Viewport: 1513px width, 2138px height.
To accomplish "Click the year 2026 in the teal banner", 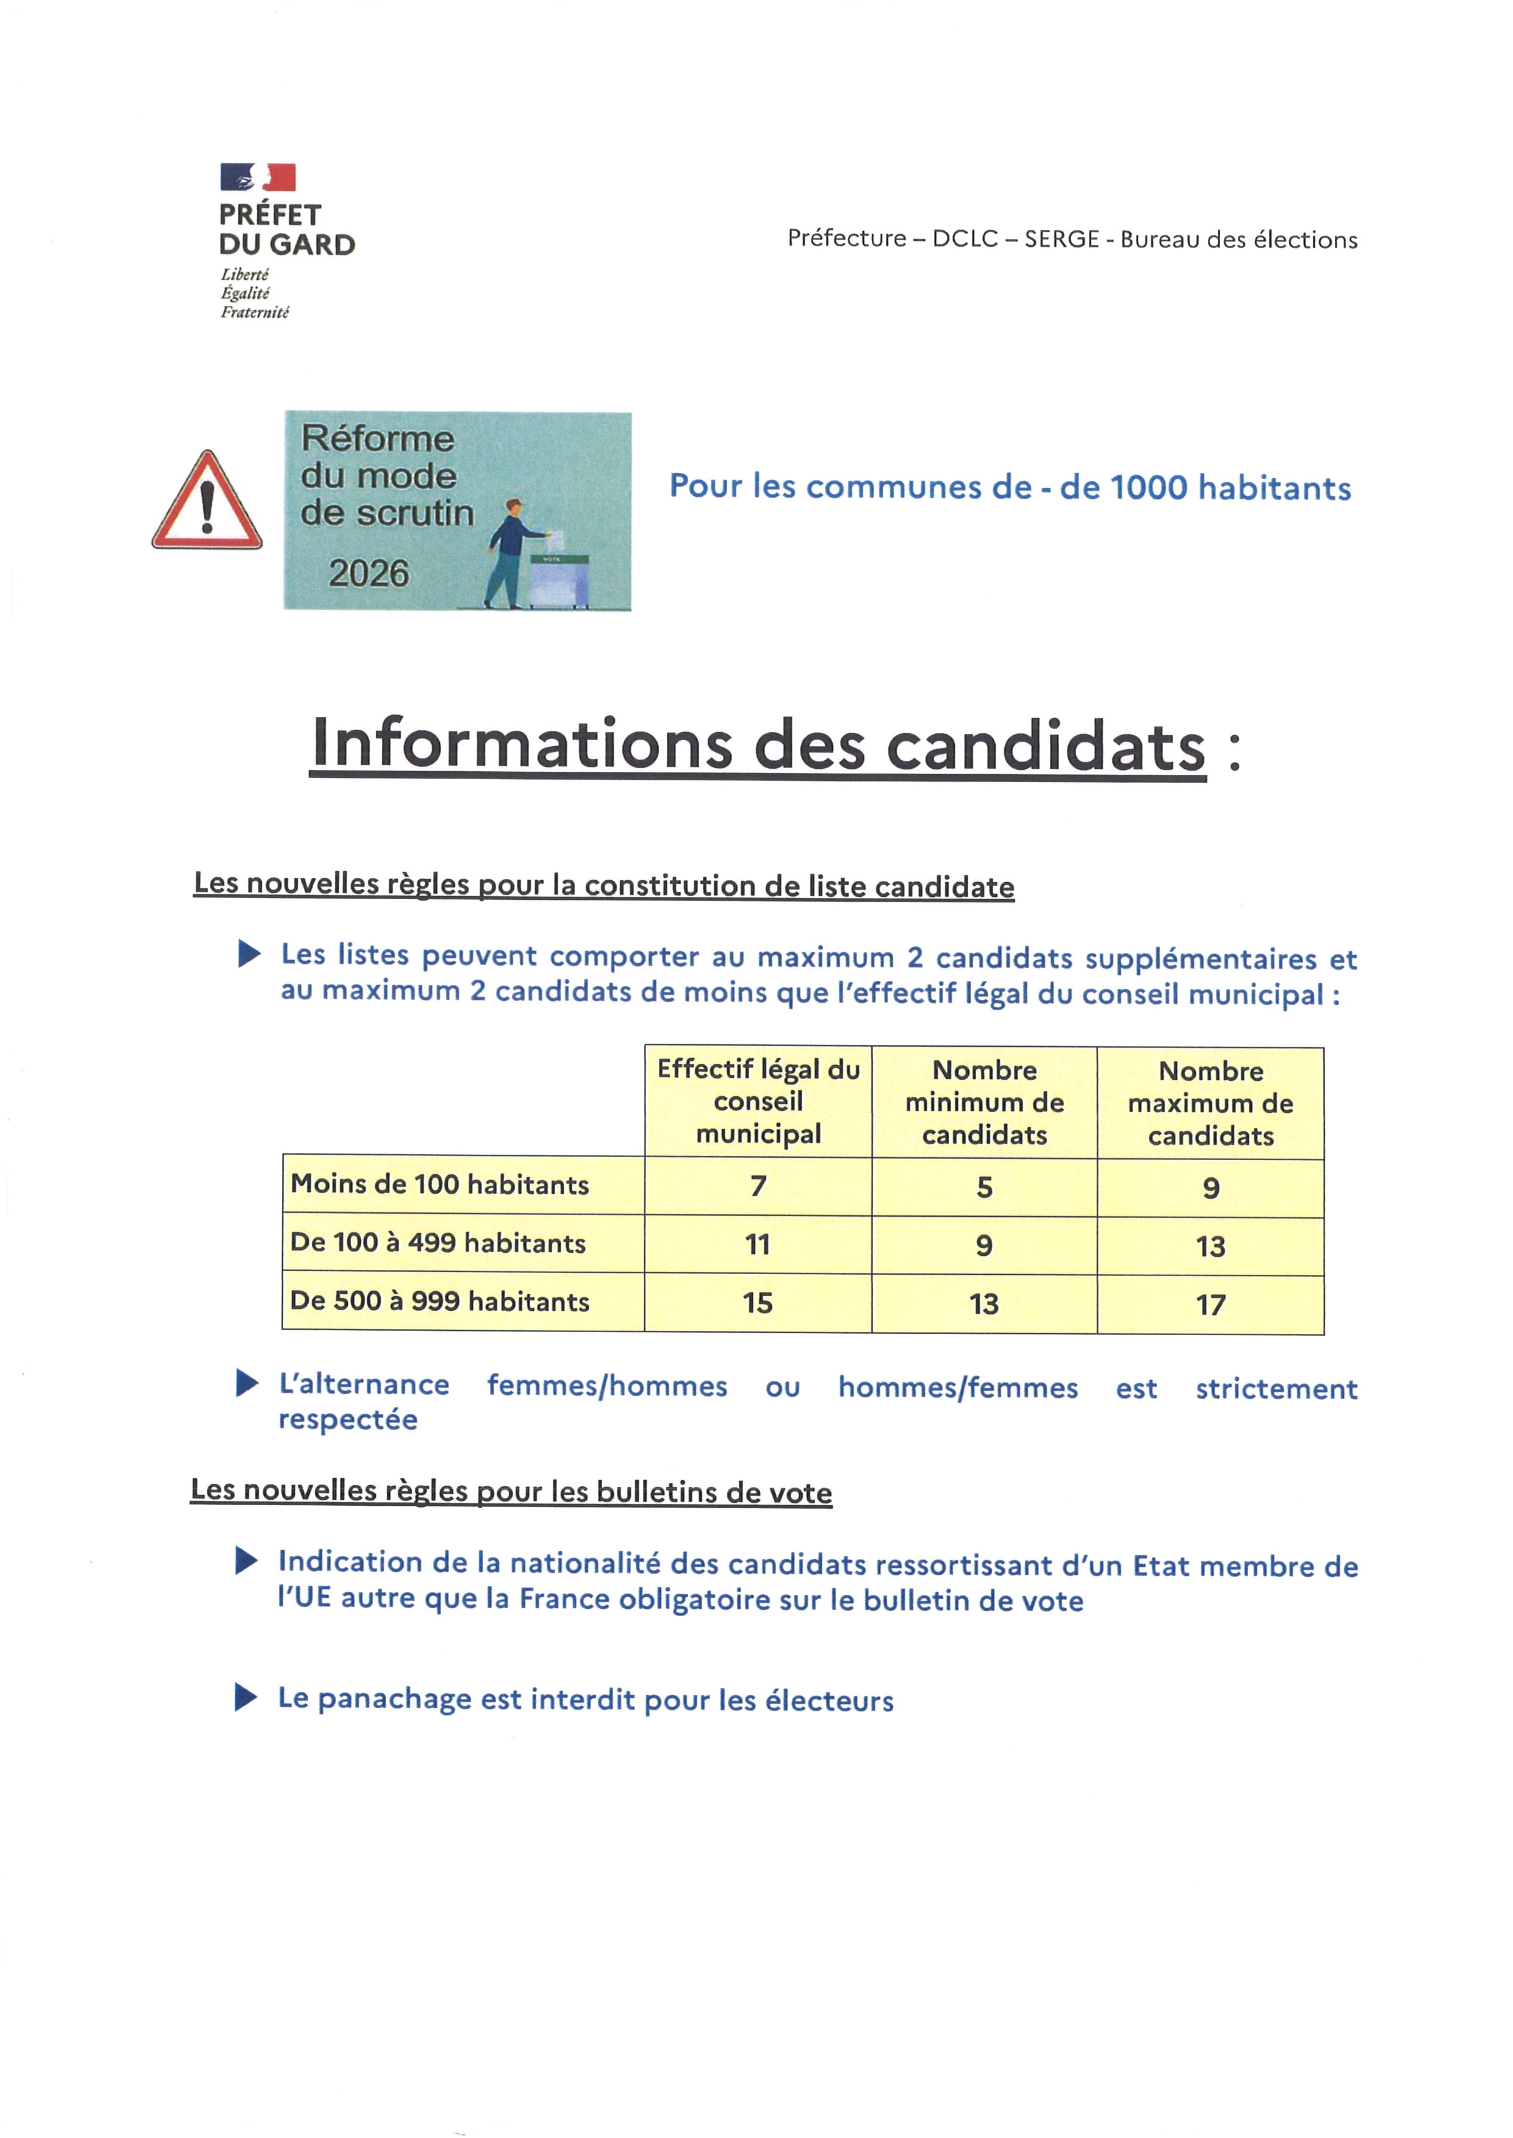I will point(369,572).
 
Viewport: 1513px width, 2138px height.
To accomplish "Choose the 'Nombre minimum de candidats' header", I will point(984,1102).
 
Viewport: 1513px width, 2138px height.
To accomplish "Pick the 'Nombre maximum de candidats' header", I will point(1210,1103).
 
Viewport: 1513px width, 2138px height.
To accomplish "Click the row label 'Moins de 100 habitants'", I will point(440,1185).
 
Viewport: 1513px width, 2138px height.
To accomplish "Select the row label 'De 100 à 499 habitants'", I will point(438,1243).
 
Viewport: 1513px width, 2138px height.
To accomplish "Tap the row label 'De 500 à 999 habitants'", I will point(440,1301).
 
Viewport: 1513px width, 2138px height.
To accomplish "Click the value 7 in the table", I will point(758,1186).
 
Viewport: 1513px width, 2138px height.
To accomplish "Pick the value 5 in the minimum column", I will point(985,1187).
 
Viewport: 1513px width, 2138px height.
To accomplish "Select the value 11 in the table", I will point(758,1244).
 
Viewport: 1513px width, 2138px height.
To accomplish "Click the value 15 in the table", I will point(758,1303).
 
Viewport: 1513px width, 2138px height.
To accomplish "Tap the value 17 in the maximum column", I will point(1210,1305).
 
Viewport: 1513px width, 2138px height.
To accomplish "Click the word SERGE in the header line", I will point(1061,240).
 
